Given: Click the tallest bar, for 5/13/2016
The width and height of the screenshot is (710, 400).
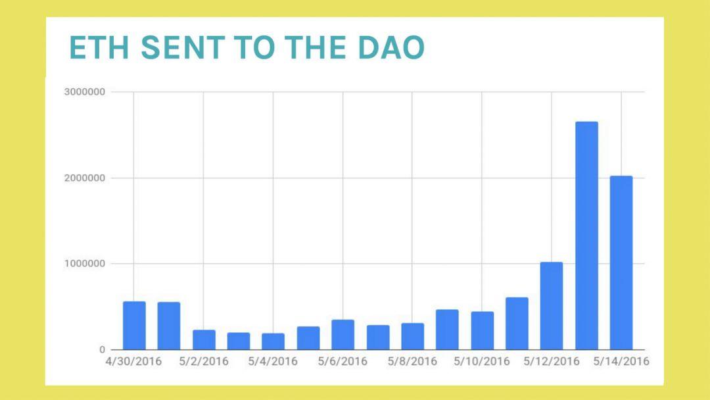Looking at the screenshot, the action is tap(586, 236).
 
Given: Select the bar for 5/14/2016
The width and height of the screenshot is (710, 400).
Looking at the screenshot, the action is tap(621, 262).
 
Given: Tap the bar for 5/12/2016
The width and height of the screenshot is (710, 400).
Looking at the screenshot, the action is tap(552, 306).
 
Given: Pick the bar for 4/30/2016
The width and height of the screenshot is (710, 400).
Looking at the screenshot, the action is tap(134, 325).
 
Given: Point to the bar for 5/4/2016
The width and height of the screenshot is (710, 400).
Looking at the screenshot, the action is tap(273, 341).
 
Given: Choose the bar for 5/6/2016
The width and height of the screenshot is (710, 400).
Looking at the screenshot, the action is tap(343, 335).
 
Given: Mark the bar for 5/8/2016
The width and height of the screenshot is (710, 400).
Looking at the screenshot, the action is tap(412, 336).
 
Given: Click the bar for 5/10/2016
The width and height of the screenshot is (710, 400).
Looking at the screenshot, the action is tap(483, 331).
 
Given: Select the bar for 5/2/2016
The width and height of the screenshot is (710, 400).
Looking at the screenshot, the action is tap(204, 339).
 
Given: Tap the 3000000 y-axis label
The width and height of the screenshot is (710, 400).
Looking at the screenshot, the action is tap(84, 92).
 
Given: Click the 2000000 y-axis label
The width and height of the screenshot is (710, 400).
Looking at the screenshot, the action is tap(84, 178).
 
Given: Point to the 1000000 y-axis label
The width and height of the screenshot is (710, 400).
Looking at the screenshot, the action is tap(84, 264).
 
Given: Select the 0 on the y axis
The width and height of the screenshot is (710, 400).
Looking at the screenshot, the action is tap(102, 350).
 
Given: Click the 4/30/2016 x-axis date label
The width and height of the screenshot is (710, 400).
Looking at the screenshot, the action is tap(133, 361).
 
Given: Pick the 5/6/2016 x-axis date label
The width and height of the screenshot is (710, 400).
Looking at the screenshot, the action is tap(343, 361).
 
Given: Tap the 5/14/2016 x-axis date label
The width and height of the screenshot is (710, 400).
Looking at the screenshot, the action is tap(621, 361).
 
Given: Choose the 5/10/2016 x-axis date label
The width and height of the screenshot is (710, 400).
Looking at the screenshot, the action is tap(482, 361).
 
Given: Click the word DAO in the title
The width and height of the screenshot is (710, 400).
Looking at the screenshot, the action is tap(391, 47).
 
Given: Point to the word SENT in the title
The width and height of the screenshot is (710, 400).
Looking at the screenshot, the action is tap(183, 47).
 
